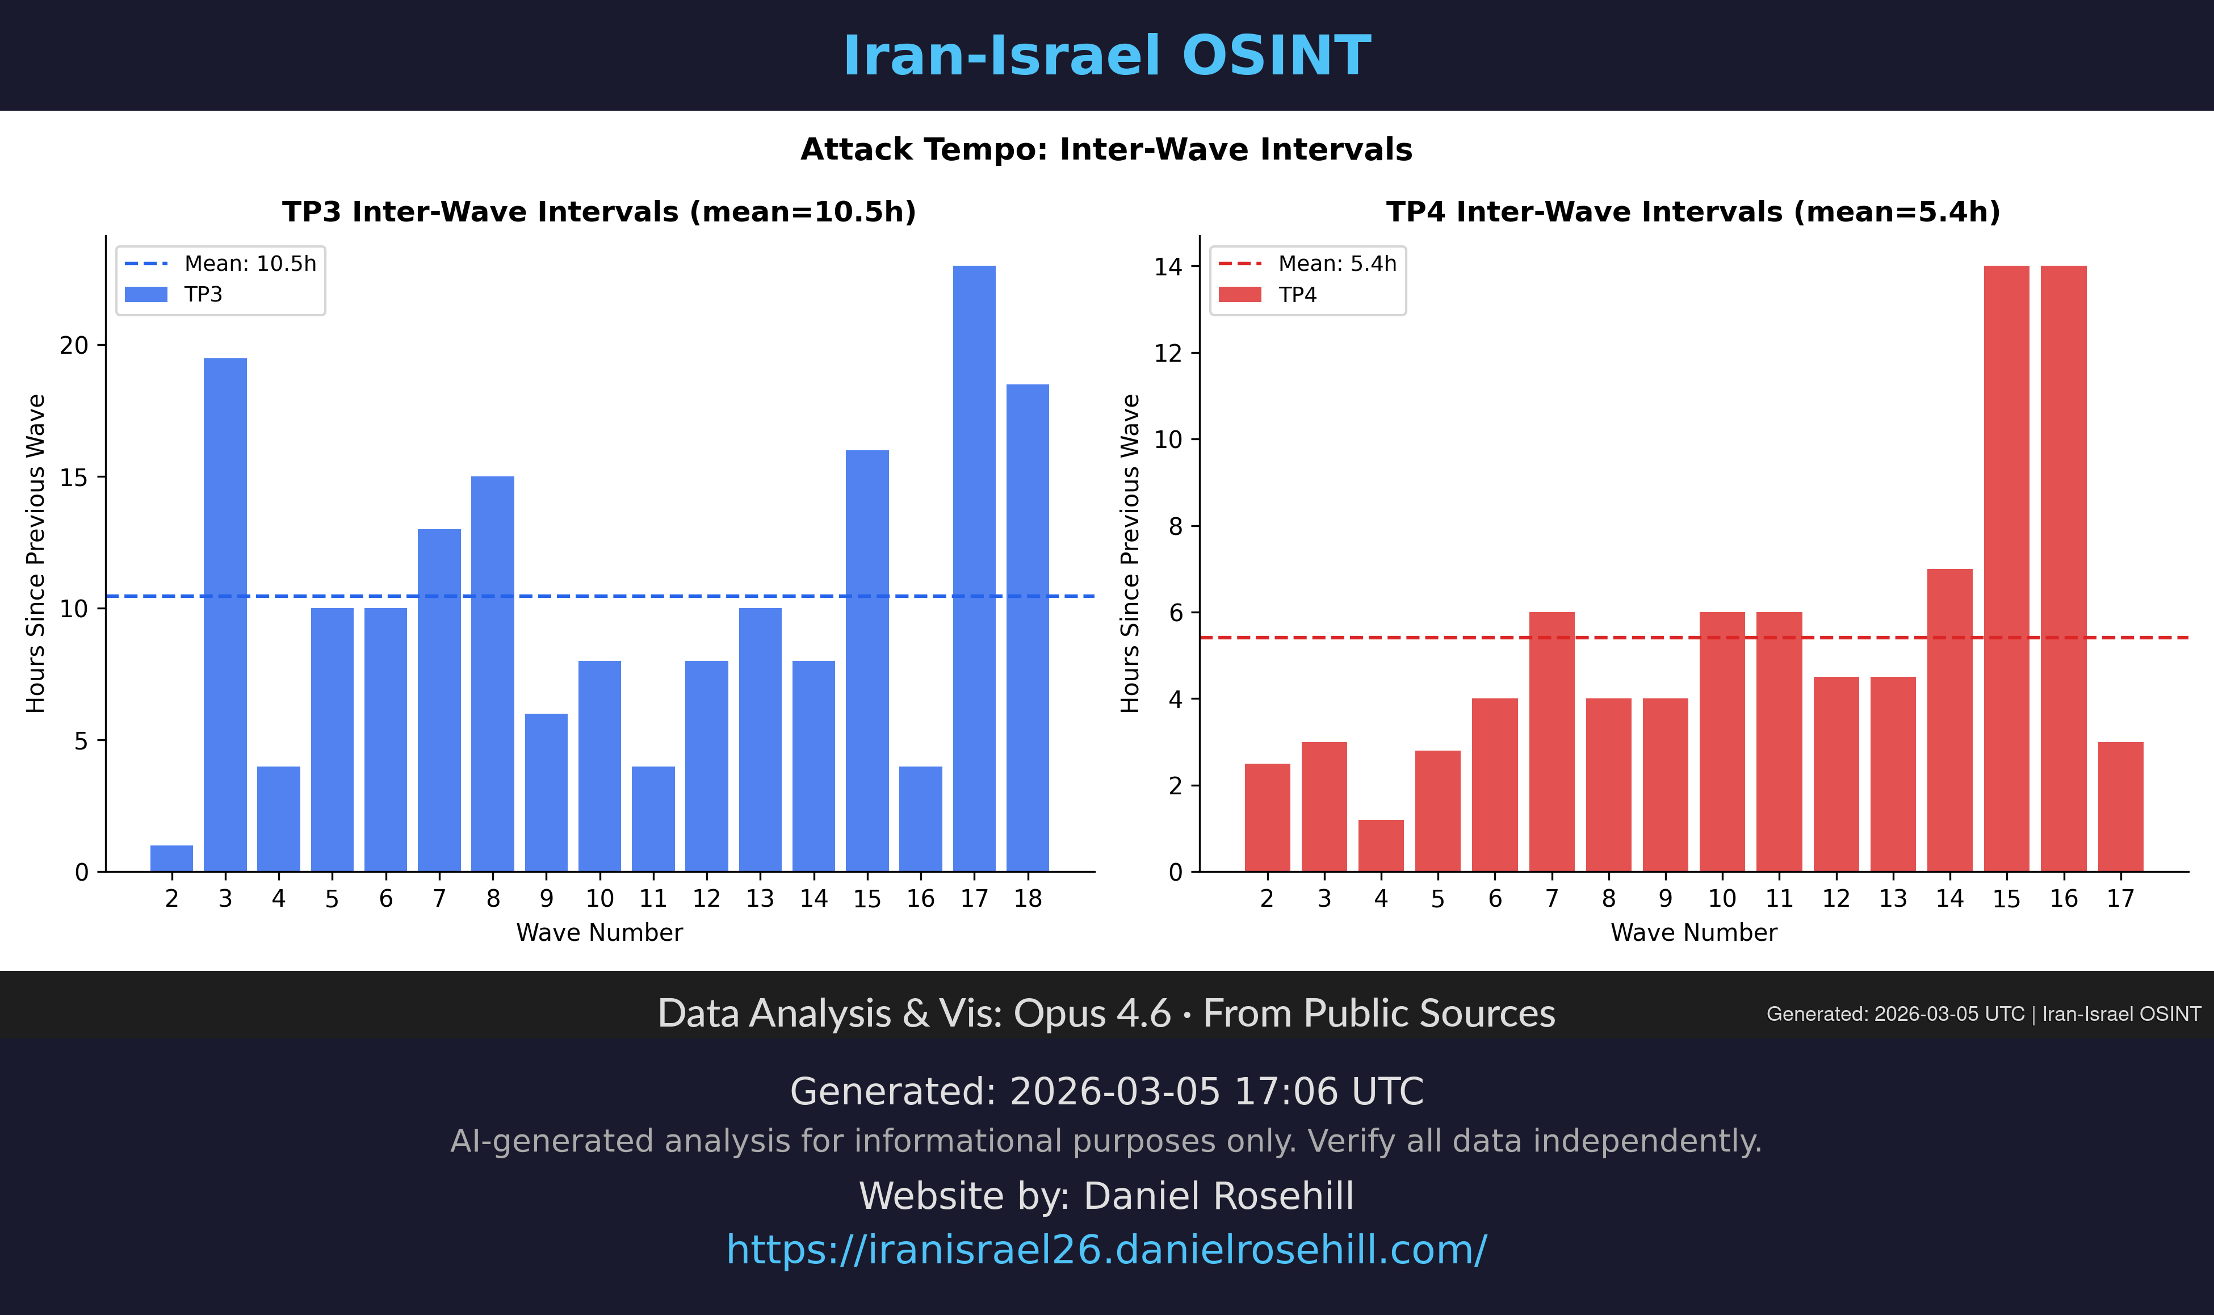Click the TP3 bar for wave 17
(974, 568)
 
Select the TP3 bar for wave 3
(225, 614)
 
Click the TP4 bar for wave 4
(1380, 845)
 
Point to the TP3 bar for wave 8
(493, 673)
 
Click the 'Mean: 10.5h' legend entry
(249, 264)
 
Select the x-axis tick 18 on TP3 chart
(1028, 898)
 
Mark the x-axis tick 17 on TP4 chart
(2120, 898)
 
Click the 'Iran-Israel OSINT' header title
(1106, 56)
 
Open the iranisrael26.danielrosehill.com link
(1106, 1250)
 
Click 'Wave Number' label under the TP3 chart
(600, 932)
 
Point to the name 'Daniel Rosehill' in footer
(1218, 1196)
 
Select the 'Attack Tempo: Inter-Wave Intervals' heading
(1106, 150)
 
